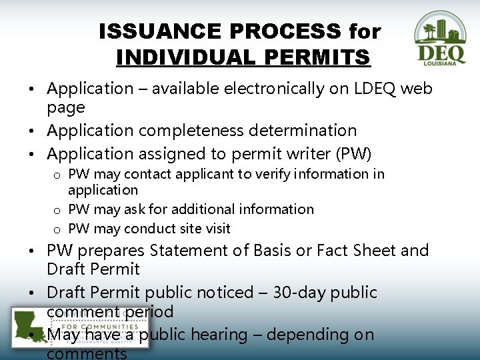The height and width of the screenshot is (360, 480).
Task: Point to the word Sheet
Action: pyautogui.click(x=374, y=251)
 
